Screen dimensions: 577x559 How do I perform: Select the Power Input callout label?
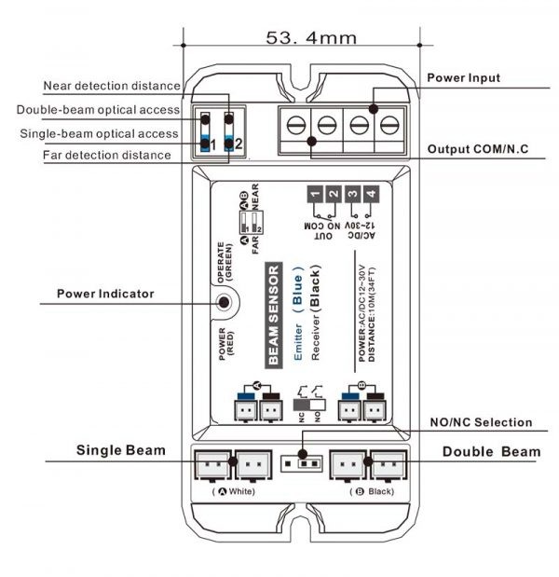(464, 78)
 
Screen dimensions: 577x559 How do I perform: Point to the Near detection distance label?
(112, 86)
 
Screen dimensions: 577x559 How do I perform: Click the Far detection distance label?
(106, 155)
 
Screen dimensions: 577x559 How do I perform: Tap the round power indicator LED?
(223, 302)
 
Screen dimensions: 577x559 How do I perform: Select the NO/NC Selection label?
(480, 422)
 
